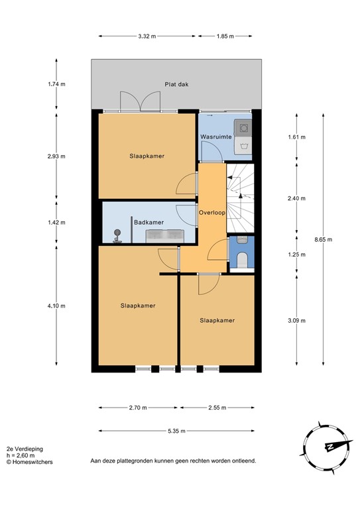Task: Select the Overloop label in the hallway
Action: point(212,213)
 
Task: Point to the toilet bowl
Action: point(241,258)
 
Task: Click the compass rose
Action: point(327,447)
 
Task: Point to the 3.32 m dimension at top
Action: point(147,36)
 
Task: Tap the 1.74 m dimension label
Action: point(56,84)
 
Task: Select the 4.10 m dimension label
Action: point(56,305)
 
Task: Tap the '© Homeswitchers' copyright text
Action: point(30,462)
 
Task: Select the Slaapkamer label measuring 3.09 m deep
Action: point(217,320)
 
